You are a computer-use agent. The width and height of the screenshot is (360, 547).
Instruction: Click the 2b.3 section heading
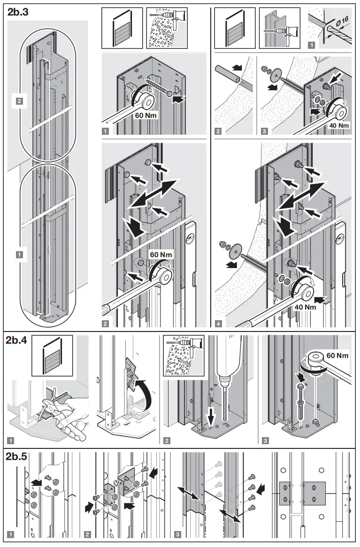(x=18, y=13)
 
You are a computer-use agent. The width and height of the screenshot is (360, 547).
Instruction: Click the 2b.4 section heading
(x=18, y=341)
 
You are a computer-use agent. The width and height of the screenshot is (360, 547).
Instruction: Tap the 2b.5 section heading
(x=18, y=456)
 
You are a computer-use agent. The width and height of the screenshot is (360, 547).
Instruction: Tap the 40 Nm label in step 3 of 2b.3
(x=337, y=125)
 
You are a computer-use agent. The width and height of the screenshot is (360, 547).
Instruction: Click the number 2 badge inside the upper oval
(x=19, y=100)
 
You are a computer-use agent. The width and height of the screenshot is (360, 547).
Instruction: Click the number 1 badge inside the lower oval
(x=19, y=254)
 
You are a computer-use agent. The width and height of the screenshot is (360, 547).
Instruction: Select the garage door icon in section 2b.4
(x=52, y=355)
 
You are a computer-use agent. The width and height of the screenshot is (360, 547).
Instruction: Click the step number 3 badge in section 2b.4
(x=266, y=440)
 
